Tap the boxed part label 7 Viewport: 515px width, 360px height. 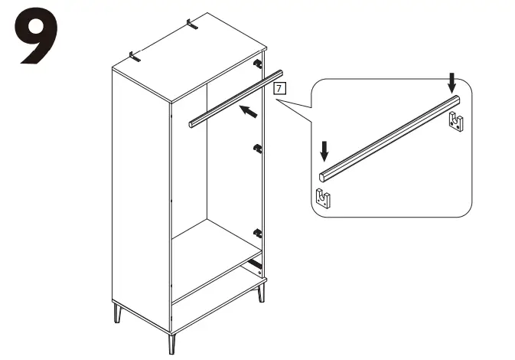[280, 89]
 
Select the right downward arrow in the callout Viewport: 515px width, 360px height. [452, 79]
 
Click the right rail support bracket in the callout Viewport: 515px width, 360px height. [457, 121]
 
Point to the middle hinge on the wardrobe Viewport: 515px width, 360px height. [258, 147]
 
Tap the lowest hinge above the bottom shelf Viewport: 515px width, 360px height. [258, 233]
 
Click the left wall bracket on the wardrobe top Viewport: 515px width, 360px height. [135, 56]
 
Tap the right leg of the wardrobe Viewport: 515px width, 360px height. [262, 291]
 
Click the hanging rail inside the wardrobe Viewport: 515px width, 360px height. [230, 98]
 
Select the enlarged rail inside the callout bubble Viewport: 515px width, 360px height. [390, 136]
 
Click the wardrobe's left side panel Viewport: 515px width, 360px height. [140, 191]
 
